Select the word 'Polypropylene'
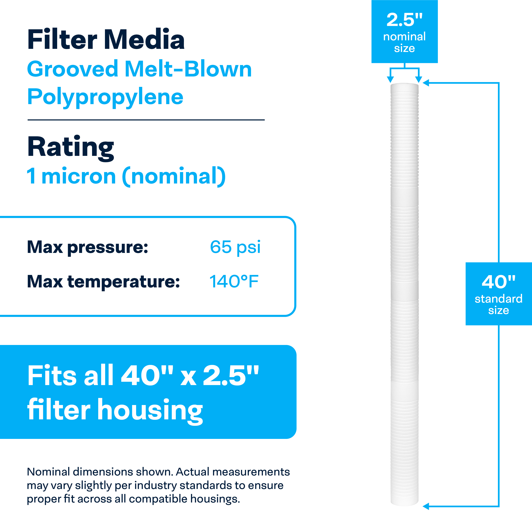(105, 97)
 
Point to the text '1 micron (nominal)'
(126, 176)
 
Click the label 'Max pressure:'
(87, 247)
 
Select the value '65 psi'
(235, 247)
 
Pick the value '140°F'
(234, 281)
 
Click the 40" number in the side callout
(498, 282)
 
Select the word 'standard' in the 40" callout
(498, 299)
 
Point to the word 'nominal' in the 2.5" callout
(404, 37)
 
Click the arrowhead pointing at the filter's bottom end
(426, 506)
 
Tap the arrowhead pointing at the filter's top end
(426, 83)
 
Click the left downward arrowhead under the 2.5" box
(390, 80)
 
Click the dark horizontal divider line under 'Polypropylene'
(146, 120)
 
